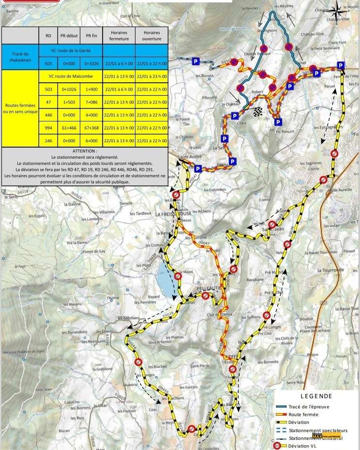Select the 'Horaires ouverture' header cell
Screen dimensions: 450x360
151,35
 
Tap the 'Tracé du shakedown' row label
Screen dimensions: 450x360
19,57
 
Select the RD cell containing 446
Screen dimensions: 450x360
48,115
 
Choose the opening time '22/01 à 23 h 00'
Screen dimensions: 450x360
151,76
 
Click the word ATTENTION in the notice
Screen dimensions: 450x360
85,151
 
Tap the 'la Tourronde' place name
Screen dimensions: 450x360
330,270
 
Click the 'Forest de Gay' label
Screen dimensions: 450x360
94,252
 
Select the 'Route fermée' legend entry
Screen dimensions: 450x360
303,414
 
